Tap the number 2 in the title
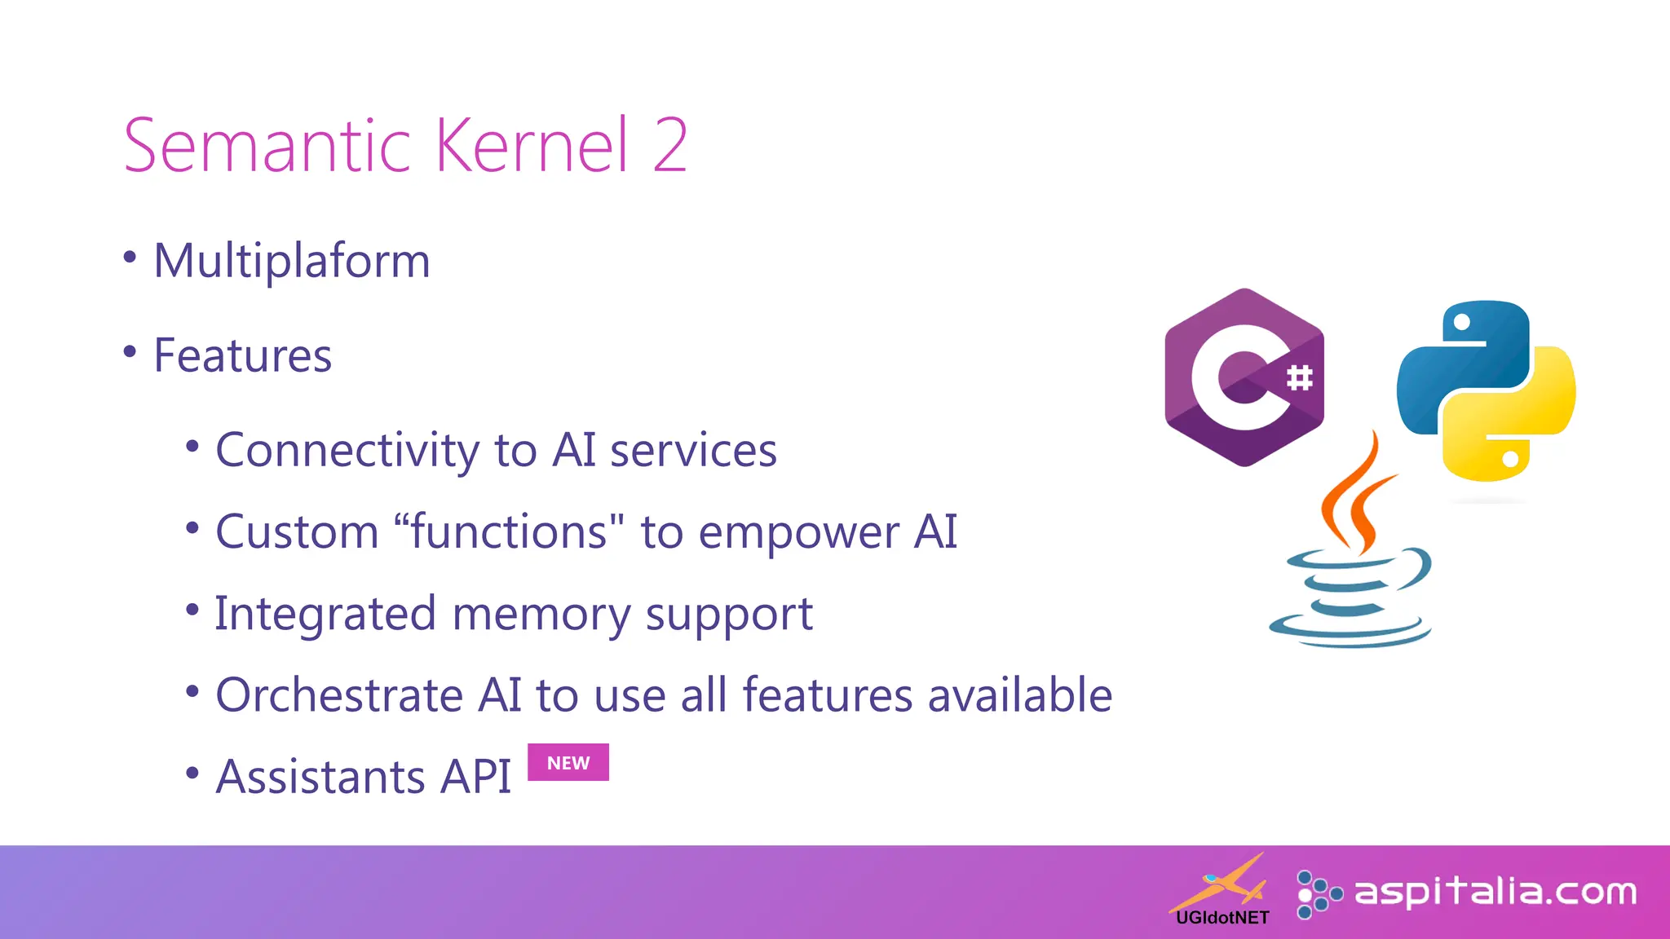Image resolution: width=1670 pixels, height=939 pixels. (670, 147)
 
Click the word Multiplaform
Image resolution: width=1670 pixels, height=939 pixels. (291, 262)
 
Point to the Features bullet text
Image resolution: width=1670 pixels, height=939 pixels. (242, 356)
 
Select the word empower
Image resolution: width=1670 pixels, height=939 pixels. (798, 534)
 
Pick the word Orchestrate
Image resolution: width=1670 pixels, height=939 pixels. (339, 695)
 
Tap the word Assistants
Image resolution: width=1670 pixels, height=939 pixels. (320, 777)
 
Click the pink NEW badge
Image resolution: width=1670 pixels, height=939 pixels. (568, 763)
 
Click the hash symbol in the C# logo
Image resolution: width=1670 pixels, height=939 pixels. (1299, 377)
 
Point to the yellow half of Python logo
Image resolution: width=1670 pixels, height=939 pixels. (1517, 424)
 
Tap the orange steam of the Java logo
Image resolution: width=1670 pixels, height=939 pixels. (1358, 497)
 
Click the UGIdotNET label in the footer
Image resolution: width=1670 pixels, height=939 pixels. (1222, 918)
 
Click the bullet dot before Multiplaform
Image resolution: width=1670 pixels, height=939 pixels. (130, 258)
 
